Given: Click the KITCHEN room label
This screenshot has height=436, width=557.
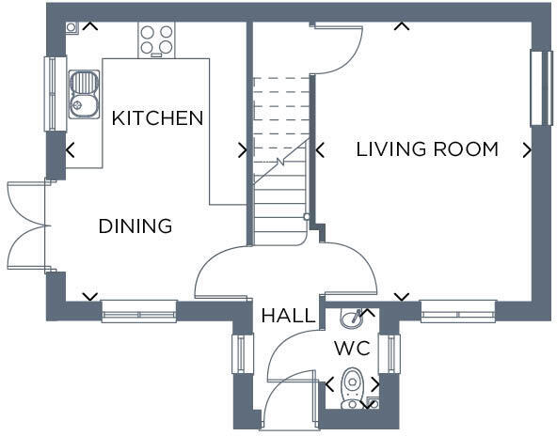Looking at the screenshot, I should coord(157,118).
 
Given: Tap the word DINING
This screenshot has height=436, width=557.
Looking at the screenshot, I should coord(135,226).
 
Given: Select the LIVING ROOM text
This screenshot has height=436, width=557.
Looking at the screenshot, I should coord(427,149).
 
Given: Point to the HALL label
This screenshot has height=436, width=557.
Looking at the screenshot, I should coord(288,316).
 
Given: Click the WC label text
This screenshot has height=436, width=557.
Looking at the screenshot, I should coord(352,349).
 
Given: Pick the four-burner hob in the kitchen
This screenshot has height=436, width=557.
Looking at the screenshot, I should coord(156,39).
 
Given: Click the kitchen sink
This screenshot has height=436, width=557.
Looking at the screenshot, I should coord(84,93).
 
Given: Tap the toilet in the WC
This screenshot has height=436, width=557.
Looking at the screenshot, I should coord(352,386).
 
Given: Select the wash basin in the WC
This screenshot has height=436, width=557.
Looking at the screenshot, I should coord(352,318).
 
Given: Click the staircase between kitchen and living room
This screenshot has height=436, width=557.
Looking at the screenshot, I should coord(280,160).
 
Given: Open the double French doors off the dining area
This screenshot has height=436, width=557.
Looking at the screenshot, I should coord(25,226).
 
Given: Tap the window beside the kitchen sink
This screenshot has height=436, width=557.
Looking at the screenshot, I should coord(55,93).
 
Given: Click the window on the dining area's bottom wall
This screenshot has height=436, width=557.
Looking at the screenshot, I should coord(139,311).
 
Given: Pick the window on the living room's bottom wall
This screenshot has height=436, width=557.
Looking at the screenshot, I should coord(458,311).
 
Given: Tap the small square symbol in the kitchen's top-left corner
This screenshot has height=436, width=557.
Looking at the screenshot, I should coord(72,28).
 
